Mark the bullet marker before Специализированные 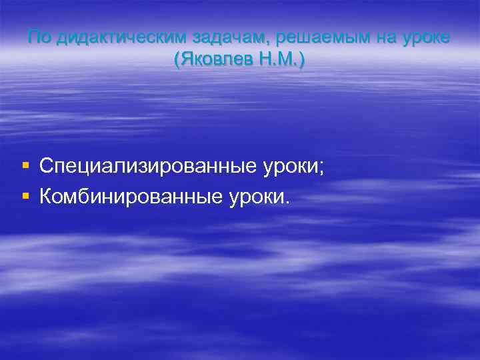point(25,165)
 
